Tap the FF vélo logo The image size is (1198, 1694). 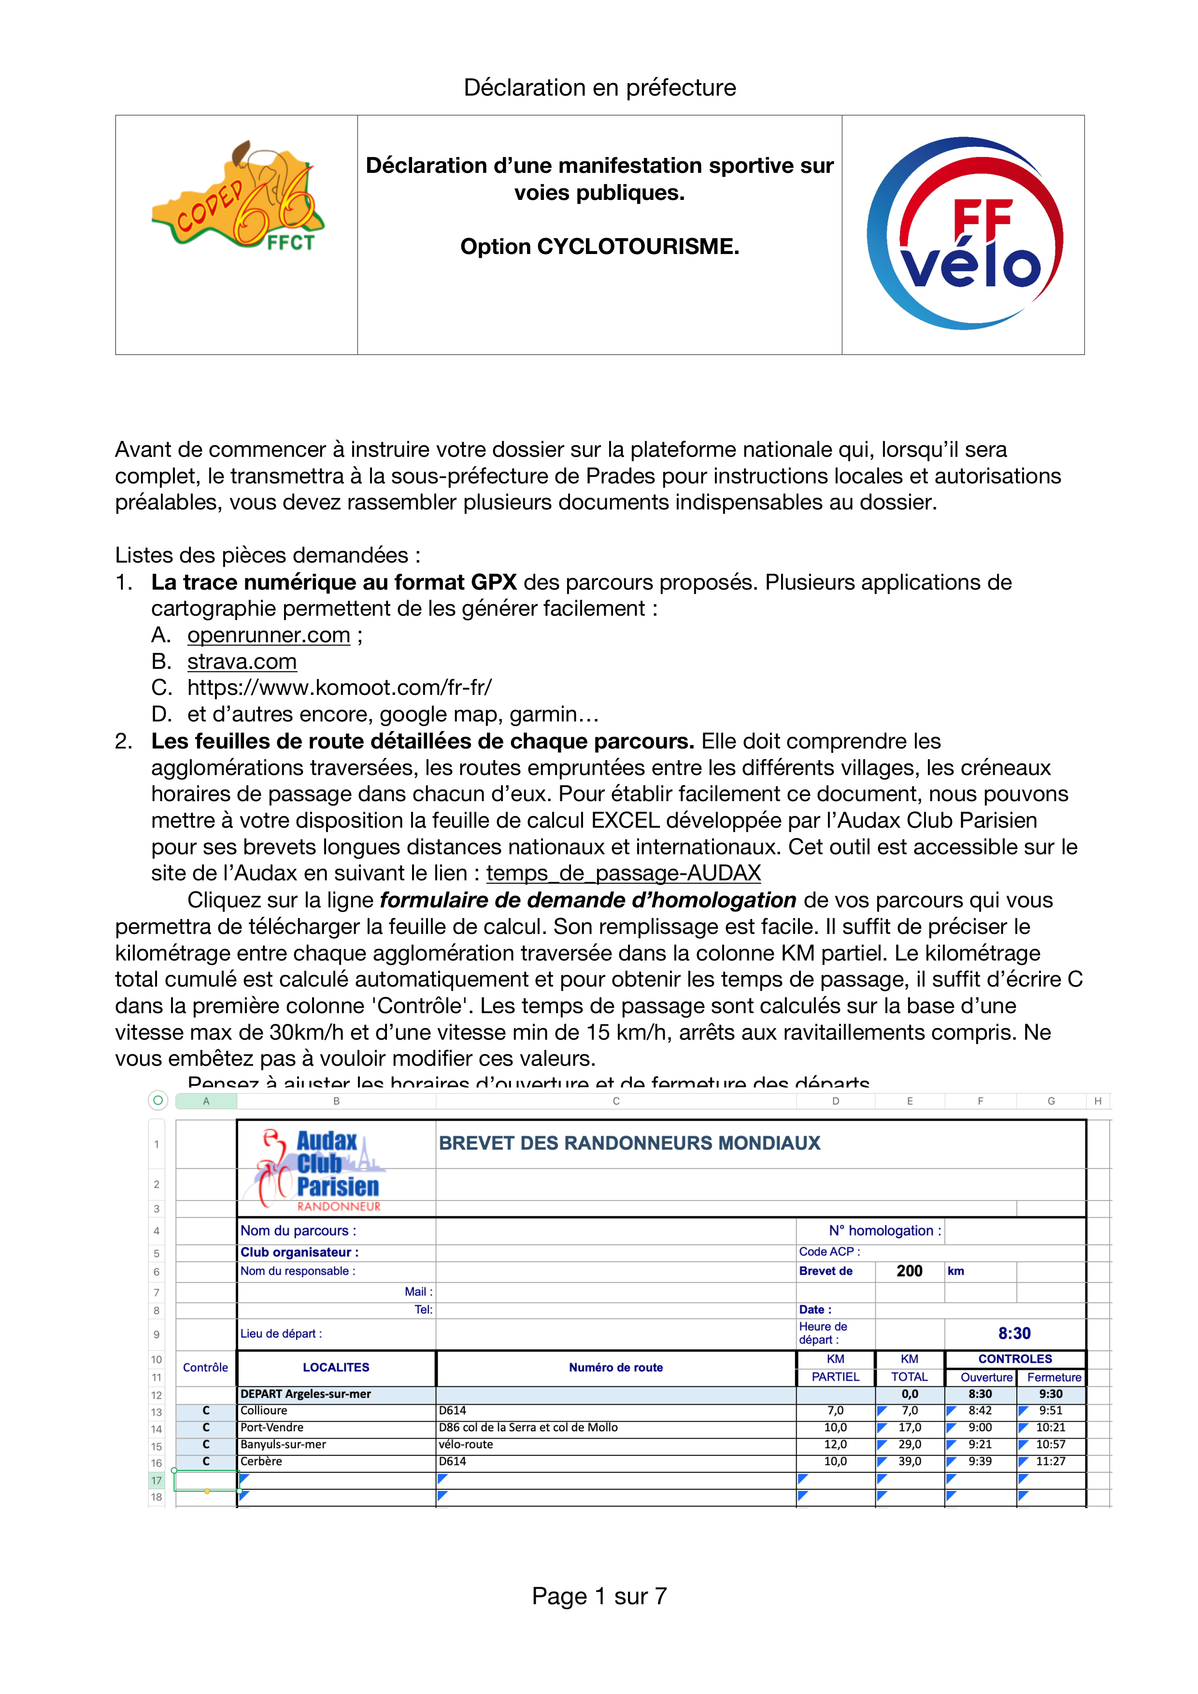point(965,233)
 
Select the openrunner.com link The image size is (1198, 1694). point(269,635)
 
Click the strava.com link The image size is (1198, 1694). point(242,662)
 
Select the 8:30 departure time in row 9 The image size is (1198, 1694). point(1014,1333)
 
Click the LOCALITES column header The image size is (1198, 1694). point(336,1367)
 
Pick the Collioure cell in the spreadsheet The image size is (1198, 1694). point(264,1411)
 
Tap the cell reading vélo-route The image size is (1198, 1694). point(466,1445)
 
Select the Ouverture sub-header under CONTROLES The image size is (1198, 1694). point(986,1378)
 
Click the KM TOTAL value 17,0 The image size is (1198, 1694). point(910,1427)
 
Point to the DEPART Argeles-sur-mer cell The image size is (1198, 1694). point(306,1394)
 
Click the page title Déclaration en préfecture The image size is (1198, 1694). point(599,88)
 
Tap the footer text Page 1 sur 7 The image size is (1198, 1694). point(599,1596)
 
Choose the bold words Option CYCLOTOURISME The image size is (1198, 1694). point(599,246)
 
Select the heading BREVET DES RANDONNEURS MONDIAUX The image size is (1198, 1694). point(629,1143)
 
